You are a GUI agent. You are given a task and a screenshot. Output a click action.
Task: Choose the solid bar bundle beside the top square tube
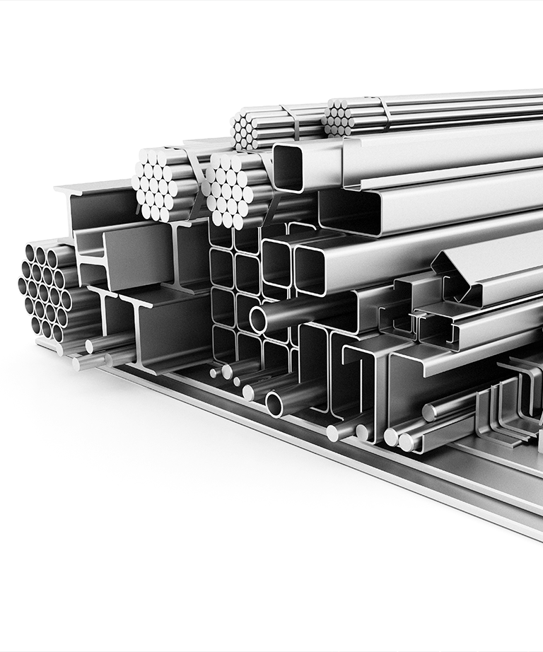(233, 190)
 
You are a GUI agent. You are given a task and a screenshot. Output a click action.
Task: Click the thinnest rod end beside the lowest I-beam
(213, 373)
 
